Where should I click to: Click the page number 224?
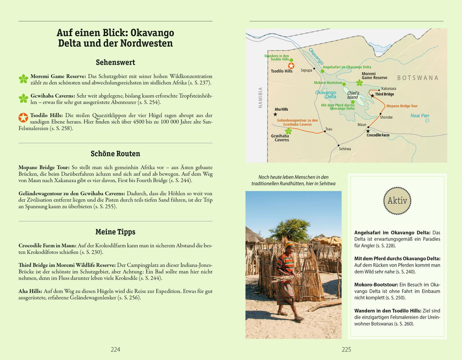click(115, 349)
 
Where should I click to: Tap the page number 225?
click(346, 349)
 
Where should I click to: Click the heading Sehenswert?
click(115, 62)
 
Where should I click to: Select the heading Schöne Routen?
click(115, 154)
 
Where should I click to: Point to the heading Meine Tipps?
click(115, 232)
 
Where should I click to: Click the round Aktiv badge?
click(397, 201)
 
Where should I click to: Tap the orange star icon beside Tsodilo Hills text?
click(23, 118)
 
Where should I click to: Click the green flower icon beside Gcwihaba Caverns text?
click(23, 98)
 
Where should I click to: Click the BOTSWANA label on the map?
click(418, 78)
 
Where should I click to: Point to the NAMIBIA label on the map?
click(261, 98)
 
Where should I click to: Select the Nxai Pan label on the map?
click(419, 116)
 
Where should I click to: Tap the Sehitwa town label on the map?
click(345, 149)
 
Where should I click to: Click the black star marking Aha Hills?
click(275, 114)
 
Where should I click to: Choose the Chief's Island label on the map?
click(353, 95)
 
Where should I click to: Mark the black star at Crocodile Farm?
click(368, 131)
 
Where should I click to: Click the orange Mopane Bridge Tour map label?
click(402, 106)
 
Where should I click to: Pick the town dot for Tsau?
click(325, 132)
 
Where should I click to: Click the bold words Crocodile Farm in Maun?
click(47, 246)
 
